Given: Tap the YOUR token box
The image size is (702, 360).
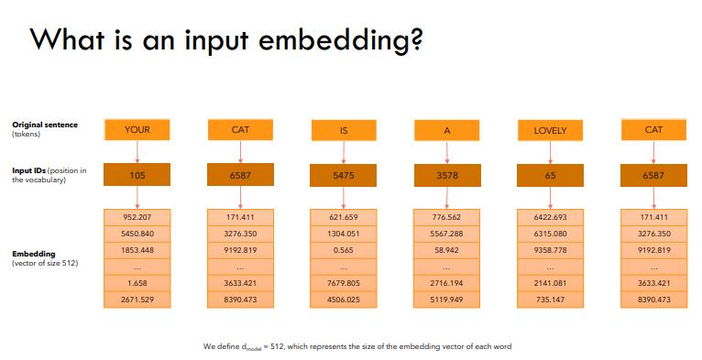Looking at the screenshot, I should tap(137, 130).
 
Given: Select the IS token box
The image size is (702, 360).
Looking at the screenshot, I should tap(343, 131).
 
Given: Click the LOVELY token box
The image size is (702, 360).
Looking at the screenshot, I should tap(550, 131).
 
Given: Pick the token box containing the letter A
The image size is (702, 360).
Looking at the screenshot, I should tap(446, 131).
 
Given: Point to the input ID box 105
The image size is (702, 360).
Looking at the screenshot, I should tap(137, 175).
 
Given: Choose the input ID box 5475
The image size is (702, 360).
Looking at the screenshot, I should tap(343, 175).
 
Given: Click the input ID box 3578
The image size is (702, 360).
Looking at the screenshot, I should tap(446, 175).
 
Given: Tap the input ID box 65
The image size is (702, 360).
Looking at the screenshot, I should tap(550, 175).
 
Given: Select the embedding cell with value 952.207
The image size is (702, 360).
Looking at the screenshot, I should tap(137, 217).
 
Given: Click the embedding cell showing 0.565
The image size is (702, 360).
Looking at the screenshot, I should tap(343, 249).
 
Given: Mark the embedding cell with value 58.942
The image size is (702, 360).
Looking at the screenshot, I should tap(446, 249).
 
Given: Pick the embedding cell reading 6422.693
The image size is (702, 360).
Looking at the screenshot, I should tap(550, 217).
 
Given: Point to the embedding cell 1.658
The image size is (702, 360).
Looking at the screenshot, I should tap(137, 282).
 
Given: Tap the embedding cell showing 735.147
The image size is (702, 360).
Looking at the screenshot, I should tap(550, 299).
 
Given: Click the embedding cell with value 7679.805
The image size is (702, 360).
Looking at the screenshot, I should tap(343, 282).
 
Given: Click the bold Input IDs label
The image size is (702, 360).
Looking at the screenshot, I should tap(33, 170).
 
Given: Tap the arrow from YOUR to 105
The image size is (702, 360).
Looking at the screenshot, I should tap(137, 151).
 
